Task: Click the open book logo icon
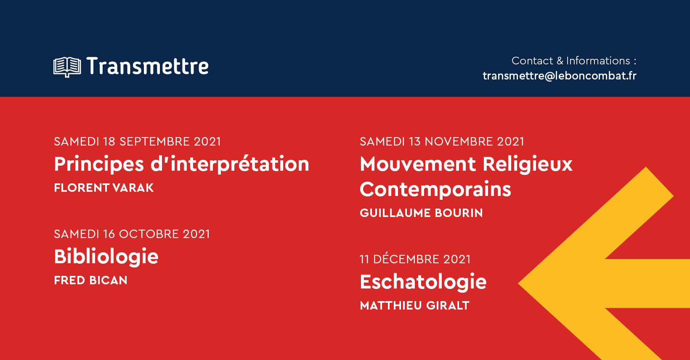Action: tap(67, 67)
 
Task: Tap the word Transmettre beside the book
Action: tap(148, 66)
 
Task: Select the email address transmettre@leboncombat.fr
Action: tap(560, 76)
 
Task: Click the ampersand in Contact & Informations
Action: tap(560, 61)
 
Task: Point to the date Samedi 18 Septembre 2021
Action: tap(138, 142)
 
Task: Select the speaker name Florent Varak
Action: tap(104, 188)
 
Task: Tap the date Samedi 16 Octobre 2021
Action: tap(132, 234)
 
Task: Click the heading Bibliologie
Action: tap(106, 257)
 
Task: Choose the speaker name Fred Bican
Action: tap(90, 280)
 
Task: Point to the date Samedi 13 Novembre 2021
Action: tap(442, 142)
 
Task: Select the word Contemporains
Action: tap(435, 189)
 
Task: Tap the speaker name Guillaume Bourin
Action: tap(421, 213)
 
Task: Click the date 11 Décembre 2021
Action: tap(415, 259)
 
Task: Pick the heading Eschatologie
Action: tap(423, 282)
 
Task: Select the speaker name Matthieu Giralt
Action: tap(414, 305)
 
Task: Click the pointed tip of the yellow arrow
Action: tap(519, 283)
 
